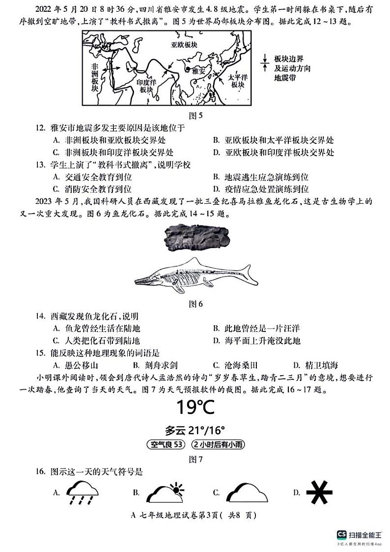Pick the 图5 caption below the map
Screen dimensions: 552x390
(x=196, y=116)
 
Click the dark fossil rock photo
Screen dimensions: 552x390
(x=196, y=240)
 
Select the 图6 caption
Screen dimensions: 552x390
(x=196, y=304)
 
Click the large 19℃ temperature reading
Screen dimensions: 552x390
(x=195, y=407)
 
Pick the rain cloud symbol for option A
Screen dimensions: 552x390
(x=83, y=492)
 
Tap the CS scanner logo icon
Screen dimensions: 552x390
(x=340, y=534)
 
